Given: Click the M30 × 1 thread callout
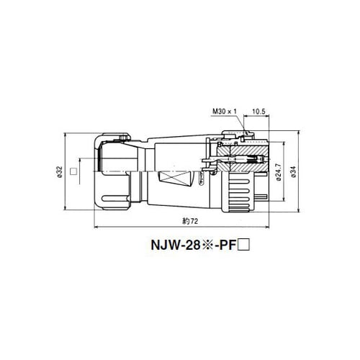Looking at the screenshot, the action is click(225, 112).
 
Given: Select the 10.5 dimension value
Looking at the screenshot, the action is click(258, 112).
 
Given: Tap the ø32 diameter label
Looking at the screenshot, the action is click(60, 172).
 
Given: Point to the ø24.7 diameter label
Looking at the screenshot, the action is click(279, 172).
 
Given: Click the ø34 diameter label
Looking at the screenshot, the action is click(294, 172).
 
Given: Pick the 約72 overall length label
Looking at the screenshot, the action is click(190, 221).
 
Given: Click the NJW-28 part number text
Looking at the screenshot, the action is click(176, 245).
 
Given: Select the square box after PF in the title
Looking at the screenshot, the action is click(243, 246).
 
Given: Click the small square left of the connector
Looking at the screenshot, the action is click(73, 171).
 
